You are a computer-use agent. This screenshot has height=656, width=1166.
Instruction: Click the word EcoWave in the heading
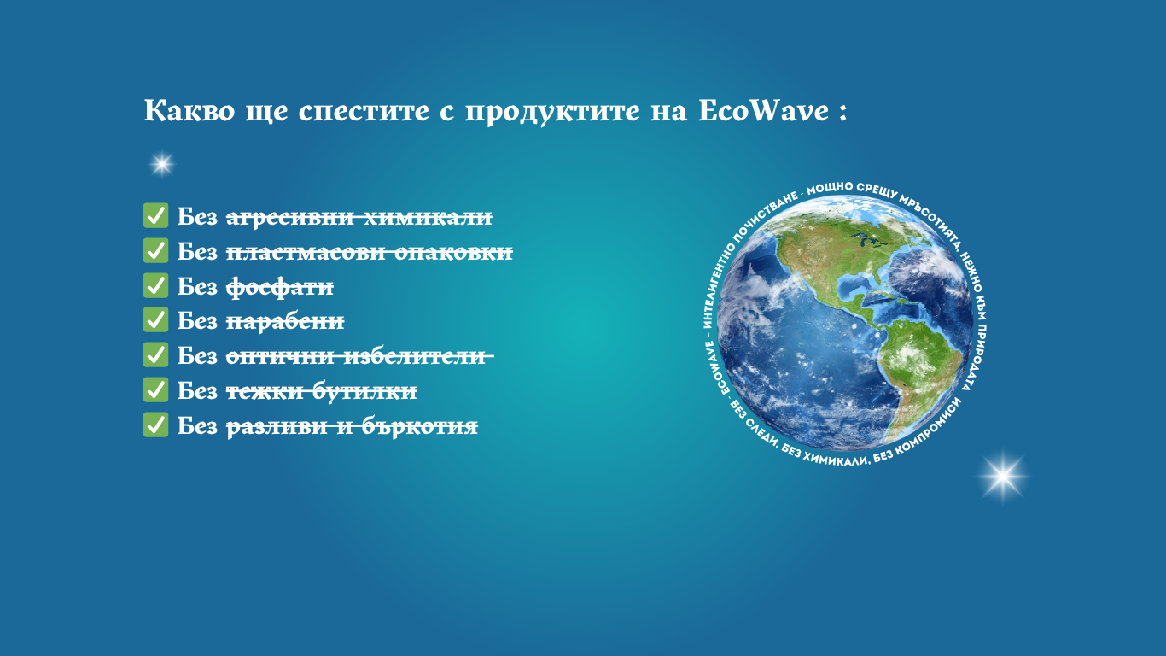point(763,110)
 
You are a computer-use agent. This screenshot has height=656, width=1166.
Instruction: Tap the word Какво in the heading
point(189,110)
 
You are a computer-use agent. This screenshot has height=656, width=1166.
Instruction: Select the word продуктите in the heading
point(552,112)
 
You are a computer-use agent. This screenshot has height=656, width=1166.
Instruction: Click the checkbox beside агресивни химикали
point(155,215)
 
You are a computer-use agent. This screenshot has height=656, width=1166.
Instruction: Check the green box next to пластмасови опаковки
point(155,250)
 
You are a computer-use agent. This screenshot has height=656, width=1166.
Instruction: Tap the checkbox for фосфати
point(155,285)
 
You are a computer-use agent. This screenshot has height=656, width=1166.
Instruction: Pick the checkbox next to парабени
point(155,319)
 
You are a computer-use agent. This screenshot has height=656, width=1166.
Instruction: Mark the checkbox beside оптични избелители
point(155,354)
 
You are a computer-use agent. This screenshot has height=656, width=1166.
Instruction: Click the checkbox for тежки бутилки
point(155,389)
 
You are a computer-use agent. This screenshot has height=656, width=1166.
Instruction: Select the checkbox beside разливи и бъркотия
point(155,425)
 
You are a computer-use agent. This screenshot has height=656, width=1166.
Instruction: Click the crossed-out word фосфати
point(279,287)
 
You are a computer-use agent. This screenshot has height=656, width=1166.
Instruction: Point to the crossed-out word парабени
point(285,321)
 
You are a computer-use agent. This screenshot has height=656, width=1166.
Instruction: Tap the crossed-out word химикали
point(428,217)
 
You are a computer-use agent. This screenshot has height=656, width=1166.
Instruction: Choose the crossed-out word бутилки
point(364,391)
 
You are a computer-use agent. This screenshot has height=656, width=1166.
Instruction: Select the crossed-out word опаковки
point(453,252)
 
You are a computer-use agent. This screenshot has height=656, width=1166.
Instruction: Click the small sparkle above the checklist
point(162,165)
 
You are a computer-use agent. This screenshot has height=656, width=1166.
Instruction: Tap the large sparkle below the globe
point(1003,477)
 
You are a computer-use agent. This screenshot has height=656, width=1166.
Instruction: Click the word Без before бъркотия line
point(197,425)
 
